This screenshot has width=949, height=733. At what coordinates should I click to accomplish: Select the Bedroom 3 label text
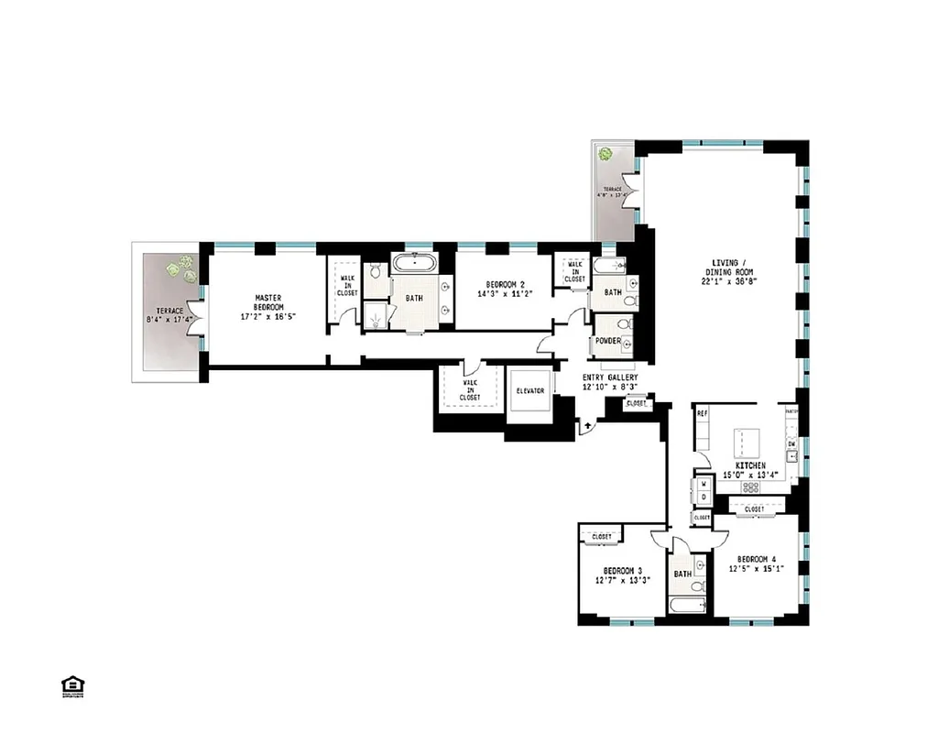(x=622, y=574)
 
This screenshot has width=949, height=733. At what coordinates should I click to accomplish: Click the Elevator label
(x=530, y=391)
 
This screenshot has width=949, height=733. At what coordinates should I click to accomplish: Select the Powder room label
(x=608, y=341)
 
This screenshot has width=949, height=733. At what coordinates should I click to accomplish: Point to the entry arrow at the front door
(x=587, y=426)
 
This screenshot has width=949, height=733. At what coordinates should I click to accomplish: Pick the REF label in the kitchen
(x=703, y=414)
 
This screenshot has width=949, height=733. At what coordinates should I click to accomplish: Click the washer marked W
(x=703, y=482)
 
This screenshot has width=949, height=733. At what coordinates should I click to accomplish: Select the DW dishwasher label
(x=791, y=444)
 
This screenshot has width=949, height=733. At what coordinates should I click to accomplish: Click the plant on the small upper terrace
(x=605, y=155)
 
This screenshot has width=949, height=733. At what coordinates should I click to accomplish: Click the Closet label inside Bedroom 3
(x=602, y=536)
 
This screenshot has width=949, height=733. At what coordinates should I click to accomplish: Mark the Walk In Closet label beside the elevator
(x=469, y=390)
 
